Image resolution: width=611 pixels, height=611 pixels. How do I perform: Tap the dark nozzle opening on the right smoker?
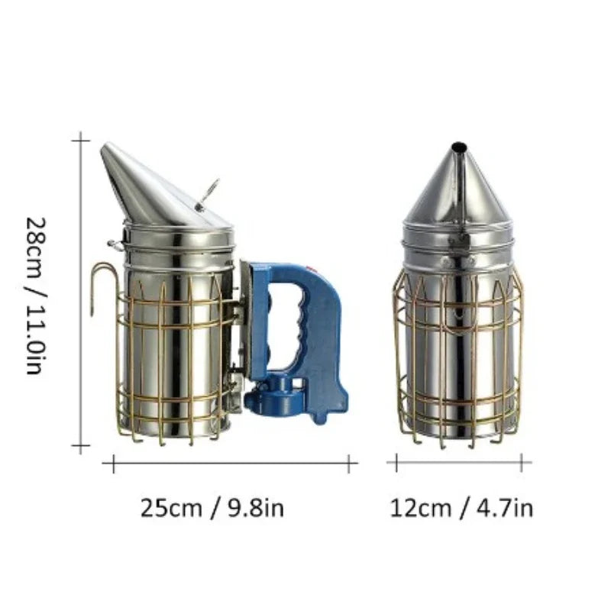[459, 147]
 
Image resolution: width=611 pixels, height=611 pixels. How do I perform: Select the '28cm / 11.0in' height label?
[36, 296]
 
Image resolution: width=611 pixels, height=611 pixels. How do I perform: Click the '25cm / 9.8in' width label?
[212, 508]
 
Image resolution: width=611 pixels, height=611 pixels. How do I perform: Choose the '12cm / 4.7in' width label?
[461, 508]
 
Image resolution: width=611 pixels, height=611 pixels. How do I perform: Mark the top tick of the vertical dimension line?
[81, 141]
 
